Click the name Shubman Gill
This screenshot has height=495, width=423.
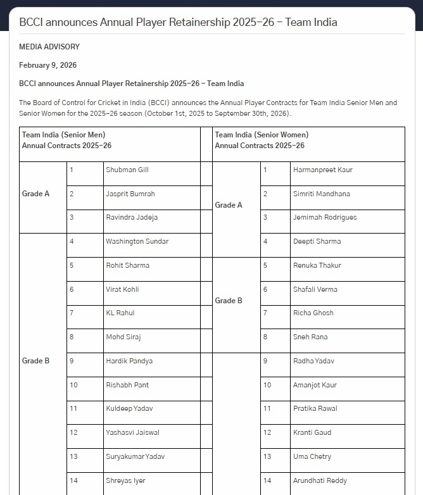127,170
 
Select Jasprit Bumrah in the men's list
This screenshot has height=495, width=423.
130,194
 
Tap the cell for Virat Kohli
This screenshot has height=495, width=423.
122,289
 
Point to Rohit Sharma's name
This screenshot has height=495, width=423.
128,265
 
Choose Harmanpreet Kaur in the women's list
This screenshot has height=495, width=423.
323,170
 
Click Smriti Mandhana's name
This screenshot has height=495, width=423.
321,194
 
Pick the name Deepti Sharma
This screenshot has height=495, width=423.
317,241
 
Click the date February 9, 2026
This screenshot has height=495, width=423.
47,65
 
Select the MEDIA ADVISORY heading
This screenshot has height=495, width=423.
49,47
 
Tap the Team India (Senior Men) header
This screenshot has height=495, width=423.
64,135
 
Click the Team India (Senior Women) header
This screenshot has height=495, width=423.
262,135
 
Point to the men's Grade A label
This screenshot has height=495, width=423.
36,194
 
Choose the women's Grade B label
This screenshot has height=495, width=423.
229,301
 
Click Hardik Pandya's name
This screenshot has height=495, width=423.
129,361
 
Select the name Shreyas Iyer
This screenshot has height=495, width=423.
125,480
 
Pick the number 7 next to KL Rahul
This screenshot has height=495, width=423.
72,313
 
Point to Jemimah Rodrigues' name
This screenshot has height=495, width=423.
325,217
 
